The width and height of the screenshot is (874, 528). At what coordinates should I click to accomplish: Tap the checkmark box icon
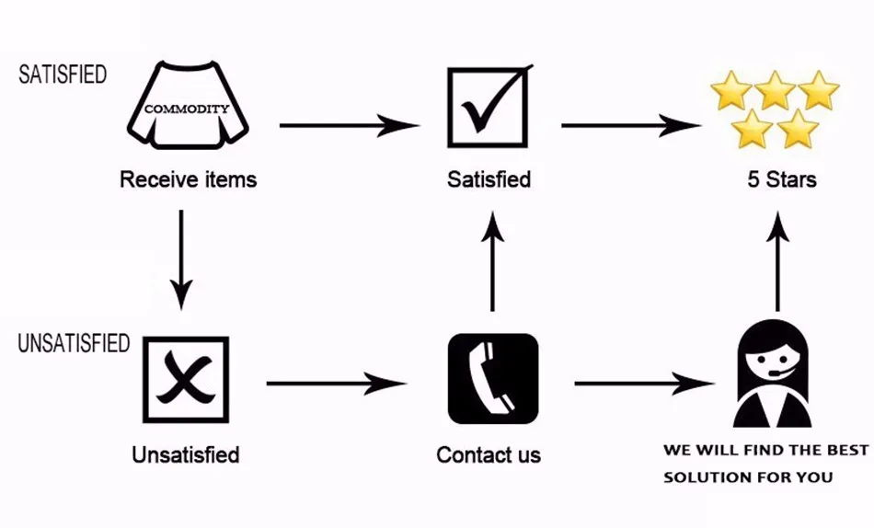tap(489, 108)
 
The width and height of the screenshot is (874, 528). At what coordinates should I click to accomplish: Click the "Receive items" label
tap(188, 179)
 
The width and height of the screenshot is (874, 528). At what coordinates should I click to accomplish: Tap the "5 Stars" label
tap(781, 179)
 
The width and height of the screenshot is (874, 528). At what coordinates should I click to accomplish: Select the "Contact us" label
tap(489, 454)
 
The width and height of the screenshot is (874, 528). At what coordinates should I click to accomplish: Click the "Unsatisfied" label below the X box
tap(186, 454)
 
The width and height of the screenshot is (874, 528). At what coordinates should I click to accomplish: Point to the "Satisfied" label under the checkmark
tap(489, 179)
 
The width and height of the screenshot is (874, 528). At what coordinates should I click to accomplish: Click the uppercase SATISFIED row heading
tap(63, 75)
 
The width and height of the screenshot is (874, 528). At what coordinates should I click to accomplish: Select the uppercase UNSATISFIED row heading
tap(74, 344)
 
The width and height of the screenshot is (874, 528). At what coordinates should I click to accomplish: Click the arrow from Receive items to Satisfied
tap(350, 125)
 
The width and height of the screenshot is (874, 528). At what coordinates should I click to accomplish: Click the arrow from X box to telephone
tap(336, 382)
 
